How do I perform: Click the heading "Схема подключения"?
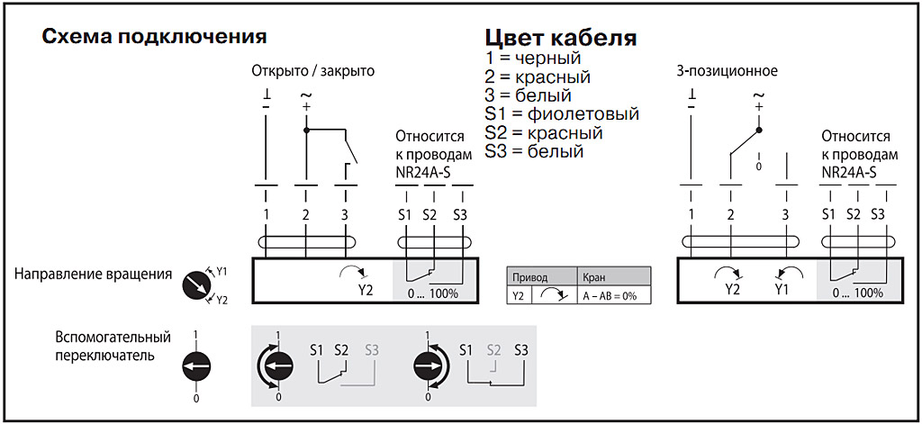point(154,37)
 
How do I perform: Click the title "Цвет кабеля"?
point(561,39)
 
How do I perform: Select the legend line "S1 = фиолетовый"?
point(561,114)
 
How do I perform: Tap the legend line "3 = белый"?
point(528,95)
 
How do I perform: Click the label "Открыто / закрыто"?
point(312,70)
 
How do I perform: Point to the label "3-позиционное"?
point(727,70)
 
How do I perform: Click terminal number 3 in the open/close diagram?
point(345,214)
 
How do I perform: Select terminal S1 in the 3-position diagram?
point(828,214)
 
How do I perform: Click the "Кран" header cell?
point(594,277)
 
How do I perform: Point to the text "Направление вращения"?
point(94,274)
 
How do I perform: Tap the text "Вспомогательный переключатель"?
point(112,346)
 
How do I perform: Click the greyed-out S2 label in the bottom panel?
point(493,349)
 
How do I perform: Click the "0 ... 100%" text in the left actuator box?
point(432,293)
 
